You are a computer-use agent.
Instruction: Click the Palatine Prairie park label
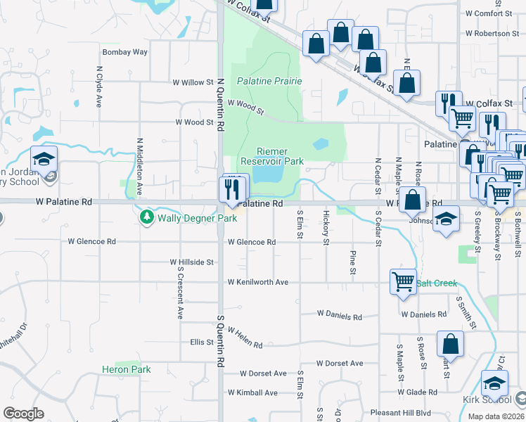270,81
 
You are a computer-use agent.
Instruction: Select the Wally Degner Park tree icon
147,218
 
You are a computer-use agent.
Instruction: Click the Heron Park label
126,369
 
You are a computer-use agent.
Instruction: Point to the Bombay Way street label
125,52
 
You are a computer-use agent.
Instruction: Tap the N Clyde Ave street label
97,87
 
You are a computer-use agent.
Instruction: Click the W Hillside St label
191,262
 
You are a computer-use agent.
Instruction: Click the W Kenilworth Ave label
257,282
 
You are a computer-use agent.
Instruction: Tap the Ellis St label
202,343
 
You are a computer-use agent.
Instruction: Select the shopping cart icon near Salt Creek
404,281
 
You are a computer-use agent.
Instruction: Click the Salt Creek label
436,283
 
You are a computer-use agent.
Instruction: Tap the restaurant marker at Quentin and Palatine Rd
230,189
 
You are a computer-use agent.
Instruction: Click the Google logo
23,414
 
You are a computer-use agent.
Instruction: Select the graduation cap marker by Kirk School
494,384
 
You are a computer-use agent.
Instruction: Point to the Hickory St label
326,227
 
